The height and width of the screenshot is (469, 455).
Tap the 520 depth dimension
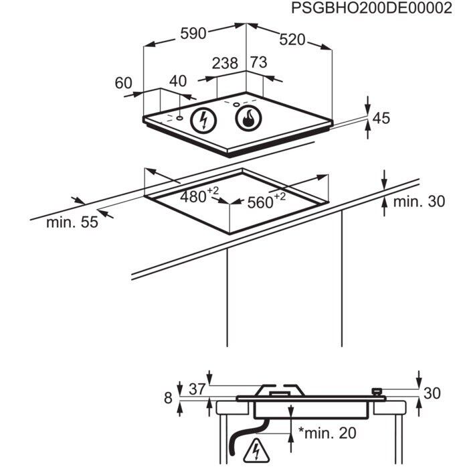[x=292, y=41]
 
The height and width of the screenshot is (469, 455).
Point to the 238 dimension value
[x=225, y=64]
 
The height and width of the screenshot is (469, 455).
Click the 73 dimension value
[x=258, y=63]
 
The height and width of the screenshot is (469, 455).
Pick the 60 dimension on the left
[x=124, y=83]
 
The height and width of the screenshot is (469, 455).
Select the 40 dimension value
[x=177, y=82]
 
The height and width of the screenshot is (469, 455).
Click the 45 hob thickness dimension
[x=381, y=119]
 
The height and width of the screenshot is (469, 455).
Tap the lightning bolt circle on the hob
[x=203, y=120]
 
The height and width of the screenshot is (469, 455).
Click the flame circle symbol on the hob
[x=248, y=120]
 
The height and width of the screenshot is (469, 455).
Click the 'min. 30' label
[x=419, y=201]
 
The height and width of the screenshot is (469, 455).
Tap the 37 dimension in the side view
[x=196, y=389]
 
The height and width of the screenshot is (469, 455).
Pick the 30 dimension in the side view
[x=432, y=393]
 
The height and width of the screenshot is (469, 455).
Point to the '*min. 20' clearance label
[x=328, y=433]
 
